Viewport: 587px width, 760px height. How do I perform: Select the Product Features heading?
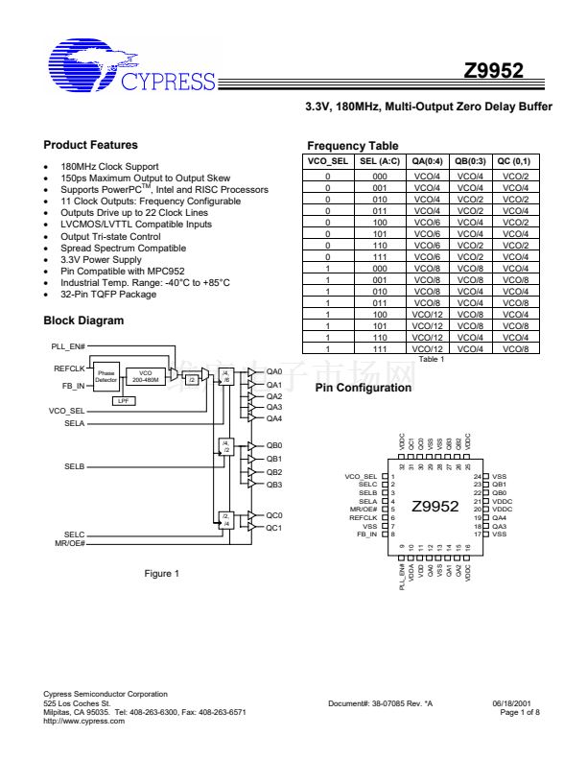pos(90,145)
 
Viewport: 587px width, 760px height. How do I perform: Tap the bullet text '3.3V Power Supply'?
pos(102,259)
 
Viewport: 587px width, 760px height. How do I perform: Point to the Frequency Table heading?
pos(352,146)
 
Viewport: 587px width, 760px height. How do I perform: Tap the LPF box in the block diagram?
pos(123,400)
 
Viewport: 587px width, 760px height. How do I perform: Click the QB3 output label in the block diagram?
pos(274,485)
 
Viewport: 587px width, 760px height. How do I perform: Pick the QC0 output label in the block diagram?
pos(274,515)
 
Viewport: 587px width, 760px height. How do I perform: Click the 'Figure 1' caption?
pos(162,573)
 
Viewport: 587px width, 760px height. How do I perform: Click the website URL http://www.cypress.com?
pos(84,721)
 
